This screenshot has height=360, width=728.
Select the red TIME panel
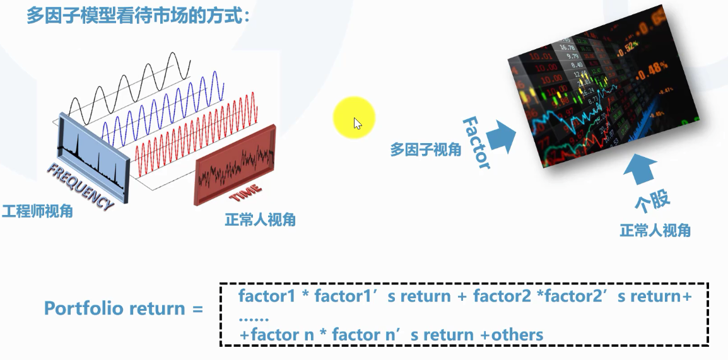235,163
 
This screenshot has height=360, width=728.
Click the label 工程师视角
37,211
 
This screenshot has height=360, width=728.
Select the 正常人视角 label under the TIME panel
260,220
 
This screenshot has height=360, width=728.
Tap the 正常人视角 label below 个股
655,231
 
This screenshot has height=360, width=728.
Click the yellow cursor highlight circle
355,118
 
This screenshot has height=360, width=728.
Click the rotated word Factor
476,142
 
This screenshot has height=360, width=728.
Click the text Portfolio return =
124,309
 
